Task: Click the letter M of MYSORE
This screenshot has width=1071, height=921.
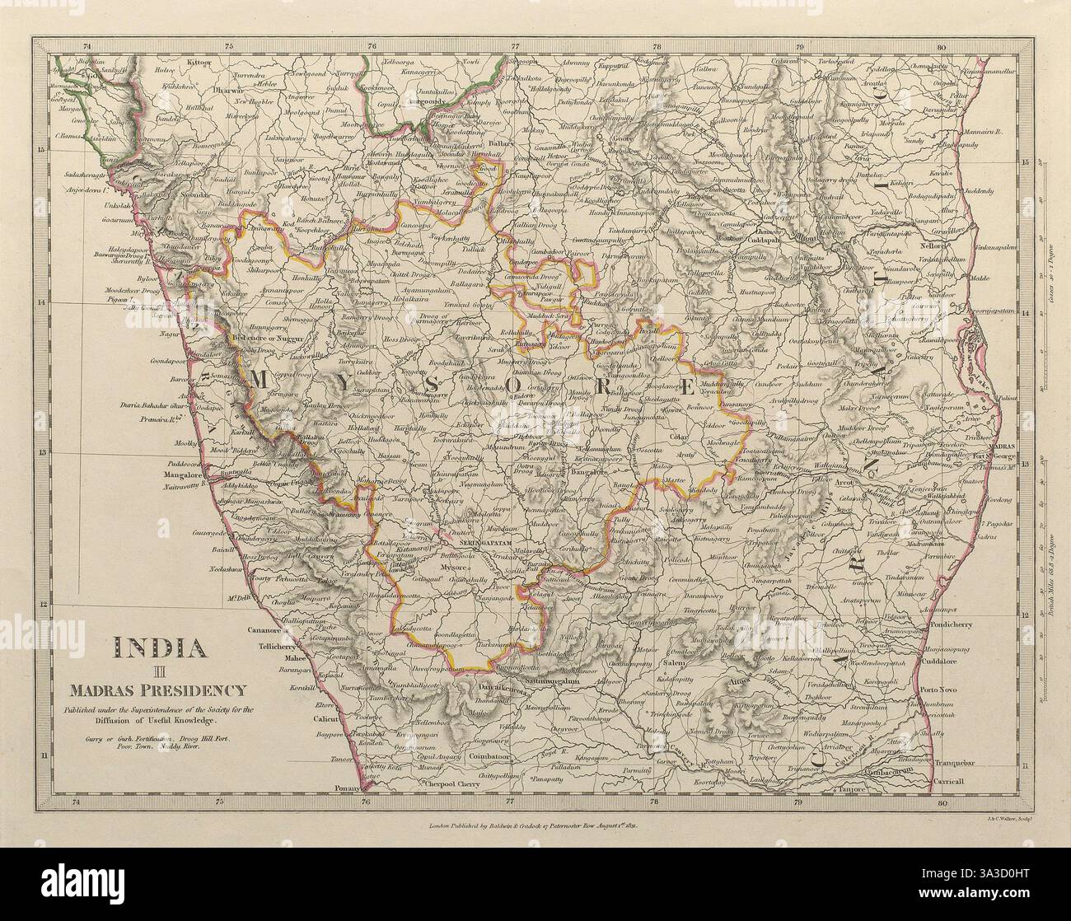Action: coord(260,379)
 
